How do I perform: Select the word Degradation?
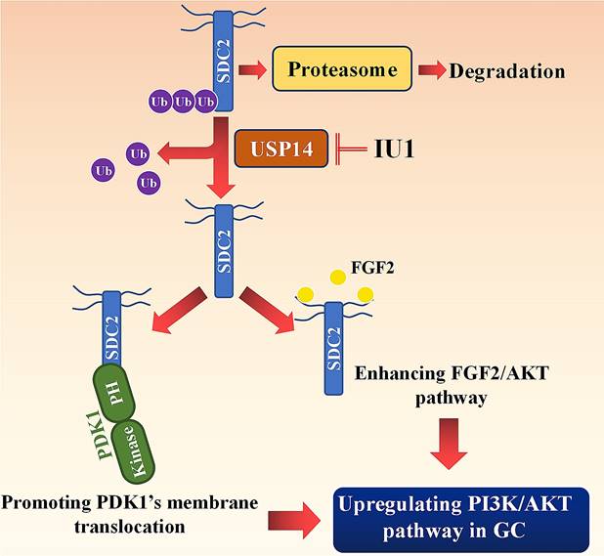click(x=507, y=70)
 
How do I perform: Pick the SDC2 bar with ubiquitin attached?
click(x=221, y=54)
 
